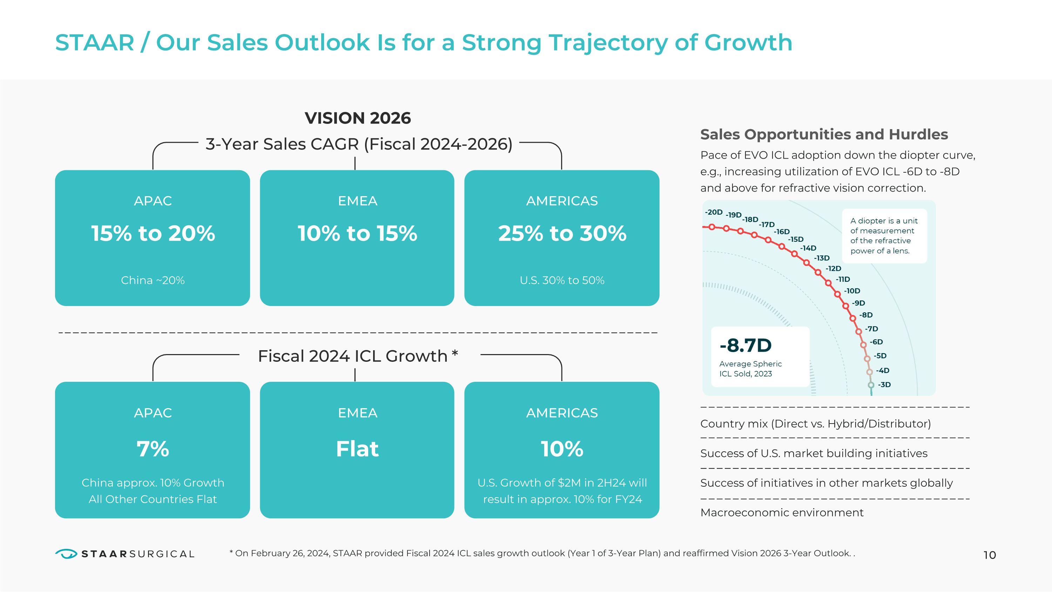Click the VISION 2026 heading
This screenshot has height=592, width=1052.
[x=358, y=118]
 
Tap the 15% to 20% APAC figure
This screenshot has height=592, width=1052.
[x=153, y=233]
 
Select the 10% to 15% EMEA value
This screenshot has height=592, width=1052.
[x=357, y=233]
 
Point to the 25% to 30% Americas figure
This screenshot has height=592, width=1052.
[x=562, y=233]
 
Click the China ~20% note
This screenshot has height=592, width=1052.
[x=153, y=280]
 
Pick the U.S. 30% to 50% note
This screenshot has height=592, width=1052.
[x=562, y=280]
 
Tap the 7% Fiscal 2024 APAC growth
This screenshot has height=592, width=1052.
[x=153, y=449]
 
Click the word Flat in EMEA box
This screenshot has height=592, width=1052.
[x=357, y=449]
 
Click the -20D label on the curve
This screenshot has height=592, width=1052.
[x=714, y=212]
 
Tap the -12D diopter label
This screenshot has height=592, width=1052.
[x=833, y=268]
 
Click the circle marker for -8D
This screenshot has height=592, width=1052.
[x=853, y=318]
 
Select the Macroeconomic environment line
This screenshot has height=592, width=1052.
[x=782, y=512]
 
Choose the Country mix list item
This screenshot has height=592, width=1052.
[x=816, y=424]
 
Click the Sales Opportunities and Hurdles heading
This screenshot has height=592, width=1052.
[x=824, y=134]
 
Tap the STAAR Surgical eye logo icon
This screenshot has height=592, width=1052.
[x=66, y=554]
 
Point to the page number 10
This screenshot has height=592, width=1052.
[x=990, y=555]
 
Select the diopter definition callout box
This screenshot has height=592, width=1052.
[x=884, y=236]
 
